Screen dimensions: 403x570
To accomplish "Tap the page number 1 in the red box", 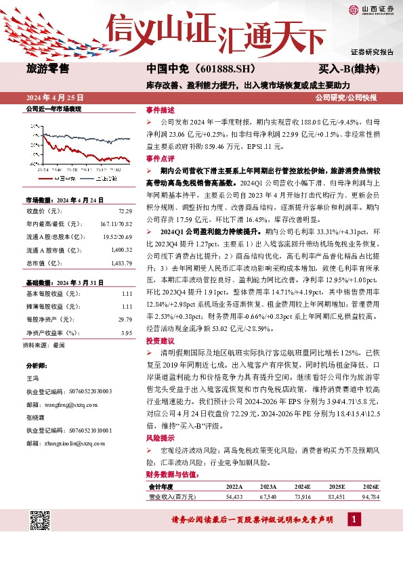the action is click(x=353, y=520).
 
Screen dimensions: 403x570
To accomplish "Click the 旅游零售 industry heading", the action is click(x=47, y=68).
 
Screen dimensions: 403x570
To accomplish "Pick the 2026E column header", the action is click(x=370, y=486).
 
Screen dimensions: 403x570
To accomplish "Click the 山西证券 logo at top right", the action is click(x=368, y=9).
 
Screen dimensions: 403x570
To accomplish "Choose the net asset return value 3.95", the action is click(x=125, y=333).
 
